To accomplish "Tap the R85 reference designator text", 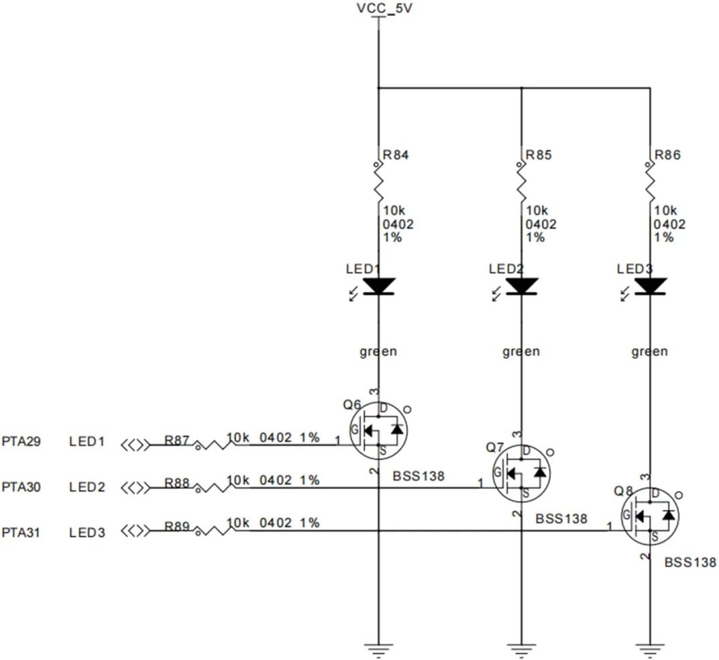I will [539, 156].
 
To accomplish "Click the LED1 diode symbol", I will [378, 286].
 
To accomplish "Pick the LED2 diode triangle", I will [521, 286].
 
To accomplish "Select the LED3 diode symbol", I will [649, 286].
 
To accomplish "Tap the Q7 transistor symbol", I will [521, 473].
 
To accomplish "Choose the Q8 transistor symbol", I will [649, 516].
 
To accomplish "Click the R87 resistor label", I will [177, 441].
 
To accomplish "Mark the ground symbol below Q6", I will [378, 647].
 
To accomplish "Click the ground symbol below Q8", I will [649, 647].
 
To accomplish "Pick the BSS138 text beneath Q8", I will [689, 563].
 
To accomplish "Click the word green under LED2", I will [521, 351].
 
